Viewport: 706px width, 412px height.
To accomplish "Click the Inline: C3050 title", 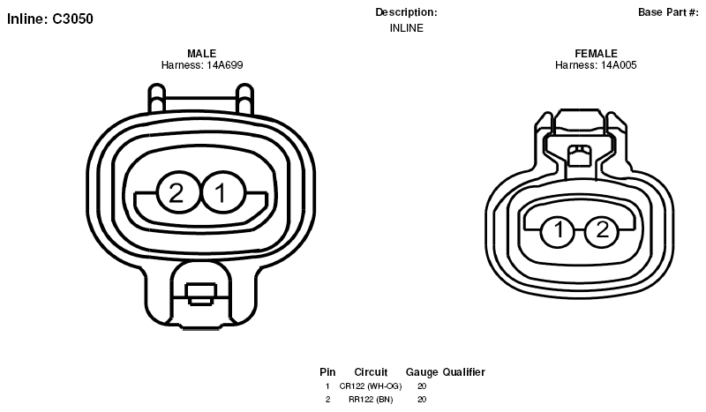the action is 50,19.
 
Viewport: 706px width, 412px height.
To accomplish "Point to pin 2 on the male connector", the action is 177,192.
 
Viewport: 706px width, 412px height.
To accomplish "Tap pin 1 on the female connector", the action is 558,231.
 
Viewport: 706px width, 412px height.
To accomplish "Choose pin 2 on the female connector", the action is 603,231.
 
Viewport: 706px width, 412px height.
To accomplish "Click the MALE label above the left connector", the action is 202,54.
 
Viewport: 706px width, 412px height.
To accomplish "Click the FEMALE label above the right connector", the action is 596,54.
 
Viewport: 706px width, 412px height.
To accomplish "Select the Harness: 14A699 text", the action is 202,65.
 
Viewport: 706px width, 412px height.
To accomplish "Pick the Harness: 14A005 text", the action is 596,65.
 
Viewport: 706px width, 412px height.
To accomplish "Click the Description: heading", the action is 406,12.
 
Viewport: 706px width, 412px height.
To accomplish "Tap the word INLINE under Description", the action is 407,28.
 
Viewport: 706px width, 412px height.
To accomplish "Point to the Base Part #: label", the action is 668,12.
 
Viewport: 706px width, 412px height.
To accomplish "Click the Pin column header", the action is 327,372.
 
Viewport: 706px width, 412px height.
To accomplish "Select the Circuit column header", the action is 371,372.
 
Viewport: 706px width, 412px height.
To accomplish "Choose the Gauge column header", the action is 422,372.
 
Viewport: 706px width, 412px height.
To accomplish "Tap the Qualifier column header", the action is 464,372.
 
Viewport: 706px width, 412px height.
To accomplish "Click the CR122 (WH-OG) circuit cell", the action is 371,386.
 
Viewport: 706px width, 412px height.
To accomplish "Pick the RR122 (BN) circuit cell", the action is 371,400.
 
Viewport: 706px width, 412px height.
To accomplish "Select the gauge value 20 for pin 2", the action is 422,400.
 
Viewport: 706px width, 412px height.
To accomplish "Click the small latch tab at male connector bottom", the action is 201,294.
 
